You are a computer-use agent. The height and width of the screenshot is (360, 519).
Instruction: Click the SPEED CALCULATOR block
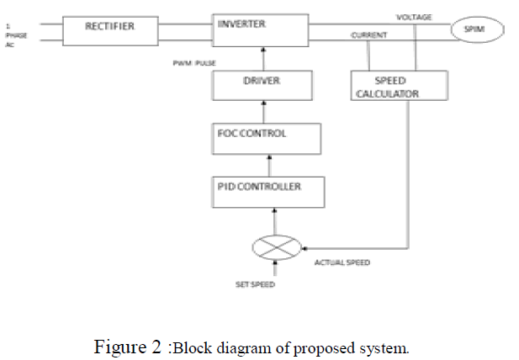(x=397, y=86)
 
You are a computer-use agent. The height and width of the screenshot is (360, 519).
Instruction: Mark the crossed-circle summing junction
(x=276, y=248)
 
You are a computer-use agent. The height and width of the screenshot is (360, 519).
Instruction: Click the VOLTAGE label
(x=414, y=17)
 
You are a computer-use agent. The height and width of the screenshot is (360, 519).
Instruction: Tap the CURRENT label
(x=369, y=36)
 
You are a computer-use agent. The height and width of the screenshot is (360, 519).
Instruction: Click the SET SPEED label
(x=254, y=284)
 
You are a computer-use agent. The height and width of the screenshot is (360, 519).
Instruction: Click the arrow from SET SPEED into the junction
(x=276, y=268)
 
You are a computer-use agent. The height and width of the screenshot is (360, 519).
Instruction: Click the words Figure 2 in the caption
(x=130, y=346)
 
